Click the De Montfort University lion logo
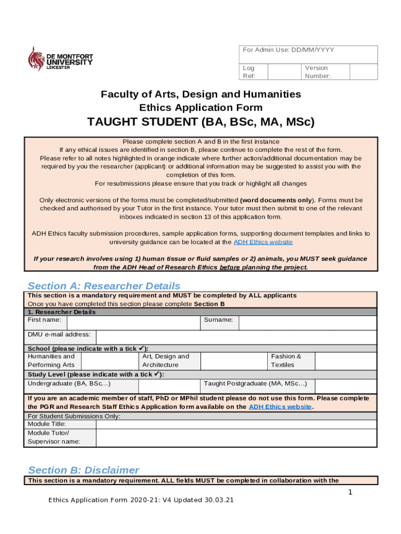tap(36, 58)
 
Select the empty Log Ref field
tap(285, 72)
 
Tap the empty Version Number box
tap(363, 72)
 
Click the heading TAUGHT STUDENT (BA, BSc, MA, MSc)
tap(200, 123)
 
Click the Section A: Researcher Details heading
tap(104, 286)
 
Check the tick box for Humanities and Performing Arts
tap(109, 361)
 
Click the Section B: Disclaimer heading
tap(84, 470)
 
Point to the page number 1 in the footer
tap(350, 492)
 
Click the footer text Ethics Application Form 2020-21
tap(141, 500)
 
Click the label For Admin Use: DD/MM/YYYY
tap(289, 50)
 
